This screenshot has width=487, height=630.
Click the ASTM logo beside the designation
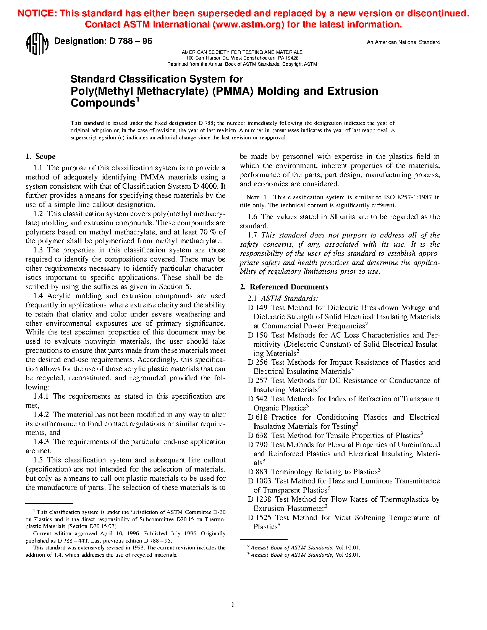[37, 44]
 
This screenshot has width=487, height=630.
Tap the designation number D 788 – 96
[131, 41]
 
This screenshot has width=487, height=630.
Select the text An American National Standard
[403, 42]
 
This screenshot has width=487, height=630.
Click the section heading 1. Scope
[40, 157]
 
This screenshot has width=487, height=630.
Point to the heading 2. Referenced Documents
[284, 287]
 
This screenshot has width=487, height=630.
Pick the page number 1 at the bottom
[233, 604]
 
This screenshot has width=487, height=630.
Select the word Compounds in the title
[103, 103]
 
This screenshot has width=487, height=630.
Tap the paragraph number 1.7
[252, 235]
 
